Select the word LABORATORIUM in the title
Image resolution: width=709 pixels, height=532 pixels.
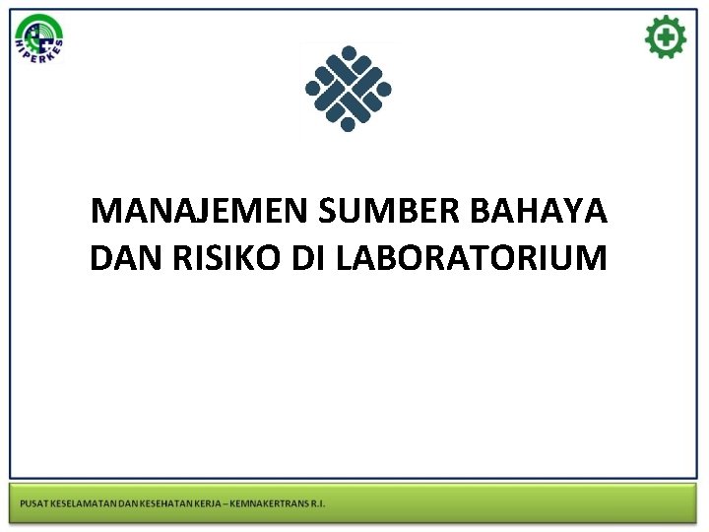point(472,258)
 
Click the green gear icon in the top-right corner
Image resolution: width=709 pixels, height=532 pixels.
point(666,37)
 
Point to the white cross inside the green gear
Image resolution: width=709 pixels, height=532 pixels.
point(667,37)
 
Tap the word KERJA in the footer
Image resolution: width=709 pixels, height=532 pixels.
point(213,504)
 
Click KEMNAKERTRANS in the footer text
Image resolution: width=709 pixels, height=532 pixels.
point(272,504)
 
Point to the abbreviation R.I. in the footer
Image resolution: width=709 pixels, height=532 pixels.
point(318,504)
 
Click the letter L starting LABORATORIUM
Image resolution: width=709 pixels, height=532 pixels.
point(345,258)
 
